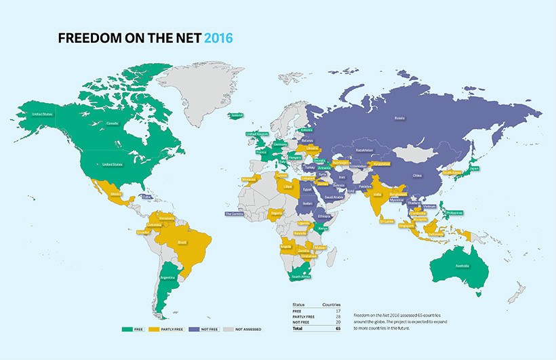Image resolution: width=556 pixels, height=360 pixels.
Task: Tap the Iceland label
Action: pyautogui.click(x=236, y=115)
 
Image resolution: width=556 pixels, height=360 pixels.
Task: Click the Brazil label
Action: pyautogui.click(x=182, y=242)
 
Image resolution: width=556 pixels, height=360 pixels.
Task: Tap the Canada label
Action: pyautogui.click(x=94, y=123)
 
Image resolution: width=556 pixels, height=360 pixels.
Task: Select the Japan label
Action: pyautogui.click(x=474, y=169)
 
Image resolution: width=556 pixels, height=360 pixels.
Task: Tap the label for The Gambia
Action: pyautogui.click(x=235, y=214)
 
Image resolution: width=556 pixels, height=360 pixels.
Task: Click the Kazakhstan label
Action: pyautogui.click(x=364, y=150)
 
